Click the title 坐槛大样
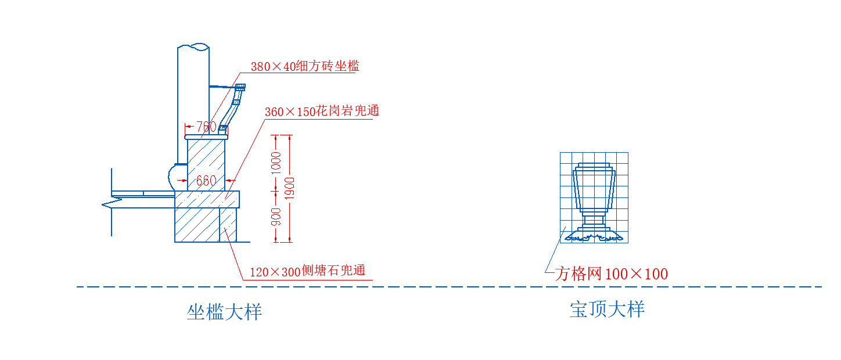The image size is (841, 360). coord(224,312)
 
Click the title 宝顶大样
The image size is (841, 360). coord(607,309)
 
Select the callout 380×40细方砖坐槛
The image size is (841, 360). coord(305,66)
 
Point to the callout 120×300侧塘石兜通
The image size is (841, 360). coord(307,271)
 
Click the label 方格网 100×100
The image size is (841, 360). coord(611,274)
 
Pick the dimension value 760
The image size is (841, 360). coord(206,127)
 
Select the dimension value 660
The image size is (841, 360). coord(206,181)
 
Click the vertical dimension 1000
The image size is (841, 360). coord(276,163)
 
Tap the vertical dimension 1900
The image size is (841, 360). coord(291,188)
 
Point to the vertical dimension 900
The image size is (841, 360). coord(276,217)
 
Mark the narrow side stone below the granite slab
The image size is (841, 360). coord(228,225)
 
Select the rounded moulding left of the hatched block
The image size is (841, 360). coord(176,176)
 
